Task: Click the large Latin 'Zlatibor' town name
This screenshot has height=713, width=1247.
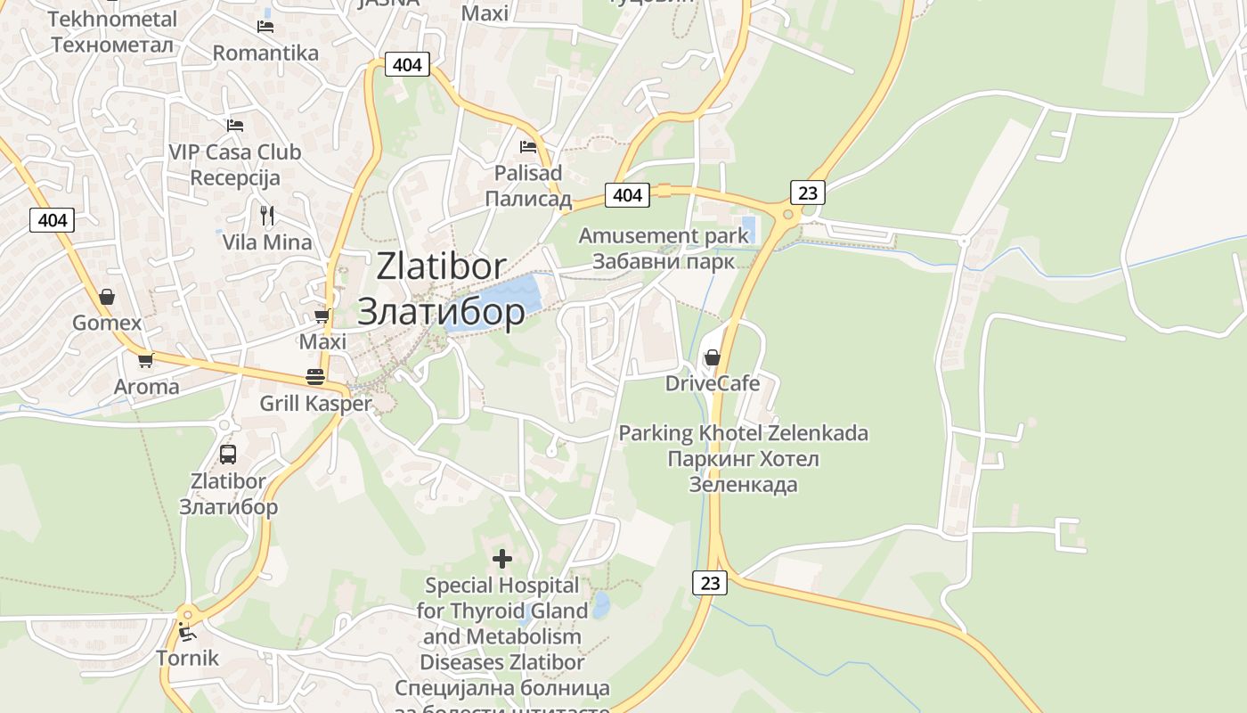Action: point(441,266)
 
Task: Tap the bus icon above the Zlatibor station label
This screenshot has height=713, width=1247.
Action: point(228,454)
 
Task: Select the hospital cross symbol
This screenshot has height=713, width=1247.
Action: point(502,559)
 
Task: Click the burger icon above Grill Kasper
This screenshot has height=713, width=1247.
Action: point(314,376)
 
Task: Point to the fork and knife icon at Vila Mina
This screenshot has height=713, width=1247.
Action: point(266,215)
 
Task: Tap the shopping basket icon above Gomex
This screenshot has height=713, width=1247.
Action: point(107,296)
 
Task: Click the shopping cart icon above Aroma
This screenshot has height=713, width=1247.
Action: point(145,360)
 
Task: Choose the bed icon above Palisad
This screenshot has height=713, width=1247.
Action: point(528,146)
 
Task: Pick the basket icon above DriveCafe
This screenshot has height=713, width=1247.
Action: point(713,357)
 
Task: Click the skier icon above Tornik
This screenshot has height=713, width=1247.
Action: point(187,633)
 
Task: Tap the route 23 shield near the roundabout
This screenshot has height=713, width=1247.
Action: point(807,192)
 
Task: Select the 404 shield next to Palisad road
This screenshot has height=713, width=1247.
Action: point(627,194)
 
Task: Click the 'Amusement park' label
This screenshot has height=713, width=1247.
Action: point(664,236)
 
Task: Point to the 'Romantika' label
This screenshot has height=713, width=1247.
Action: point(265,53)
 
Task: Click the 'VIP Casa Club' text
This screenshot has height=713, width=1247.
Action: point(235,152)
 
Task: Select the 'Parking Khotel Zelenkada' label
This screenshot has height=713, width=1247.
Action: point(743,433)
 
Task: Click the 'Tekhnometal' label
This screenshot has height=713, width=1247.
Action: point(112,19)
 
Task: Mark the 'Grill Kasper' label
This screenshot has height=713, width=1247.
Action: point(315,404)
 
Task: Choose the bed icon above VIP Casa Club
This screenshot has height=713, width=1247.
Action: point(235,125)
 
